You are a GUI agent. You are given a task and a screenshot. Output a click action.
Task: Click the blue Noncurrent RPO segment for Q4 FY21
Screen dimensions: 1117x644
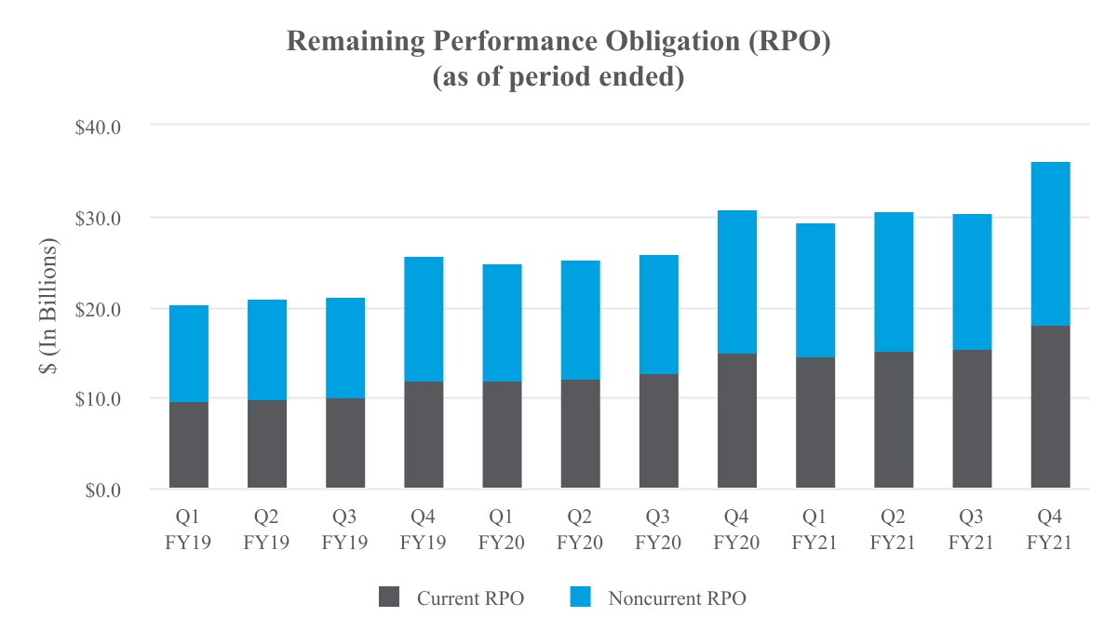(x=1050, y=244)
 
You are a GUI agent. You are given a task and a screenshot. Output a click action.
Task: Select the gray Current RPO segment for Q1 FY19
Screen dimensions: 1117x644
(x=189, y=445)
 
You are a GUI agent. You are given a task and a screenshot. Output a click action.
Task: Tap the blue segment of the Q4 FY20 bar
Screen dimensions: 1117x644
(x=737, y=282)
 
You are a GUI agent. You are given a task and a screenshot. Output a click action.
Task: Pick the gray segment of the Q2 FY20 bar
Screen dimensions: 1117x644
(x=581, y=434)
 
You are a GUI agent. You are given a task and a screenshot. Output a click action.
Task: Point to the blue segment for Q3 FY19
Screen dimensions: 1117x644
(x=345, y=348)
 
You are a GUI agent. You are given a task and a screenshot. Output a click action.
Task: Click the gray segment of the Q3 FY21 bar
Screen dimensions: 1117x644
(x=972, y=419)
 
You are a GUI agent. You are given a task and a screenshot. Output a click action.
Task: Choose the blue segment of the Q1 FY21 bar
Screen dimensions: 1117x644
(x=815, y=290)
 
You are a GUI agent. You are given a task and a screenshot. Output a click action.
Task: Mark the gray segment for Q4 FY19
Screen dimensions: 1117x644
(x=424, y=435)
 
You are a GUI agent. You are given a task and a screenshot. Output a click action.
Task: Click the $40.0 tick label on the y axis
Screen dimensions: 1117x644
(x=98, y=127)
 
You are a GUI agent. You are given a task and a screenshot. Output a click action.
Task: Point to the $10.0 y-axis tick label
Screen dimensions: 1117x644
(x=98, y=399)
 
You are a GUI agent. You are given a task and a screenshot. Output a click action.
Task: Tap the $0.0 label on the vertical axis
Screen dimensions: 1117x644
(x=102, y=490)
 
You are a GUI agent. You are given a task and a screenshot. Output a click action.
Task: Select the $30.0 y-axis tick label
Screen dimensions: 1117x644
(x=98, y=219)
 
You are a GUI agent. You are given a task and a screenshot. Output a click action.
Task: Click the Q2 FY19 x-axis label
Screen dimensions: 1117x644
(x=266, y=530)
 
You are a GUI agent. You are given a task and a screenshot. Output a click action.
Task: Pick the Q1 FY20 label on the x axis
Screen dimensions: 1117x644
(x=501, y=530)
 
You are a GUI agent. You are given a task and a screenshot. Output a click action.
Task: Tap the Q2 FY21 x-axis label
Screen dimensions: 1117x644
(x=893, y=530)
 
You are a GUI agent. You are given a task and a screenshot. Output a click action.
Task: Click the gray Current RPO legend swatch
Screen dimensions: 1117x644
(x=389, y=597)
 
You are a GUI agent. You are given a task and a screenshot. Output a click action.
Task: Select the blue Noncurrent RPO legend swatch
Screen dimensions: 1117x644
(x=581, y=597)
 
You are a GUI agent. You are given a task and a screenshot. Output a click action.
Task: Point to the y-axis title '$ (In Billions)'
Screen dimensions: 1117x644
(x=48, y=306)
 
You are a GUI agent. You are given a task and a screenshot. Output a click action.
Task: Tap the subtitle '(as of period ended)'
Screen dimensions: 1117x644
(x=558, y=77)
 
